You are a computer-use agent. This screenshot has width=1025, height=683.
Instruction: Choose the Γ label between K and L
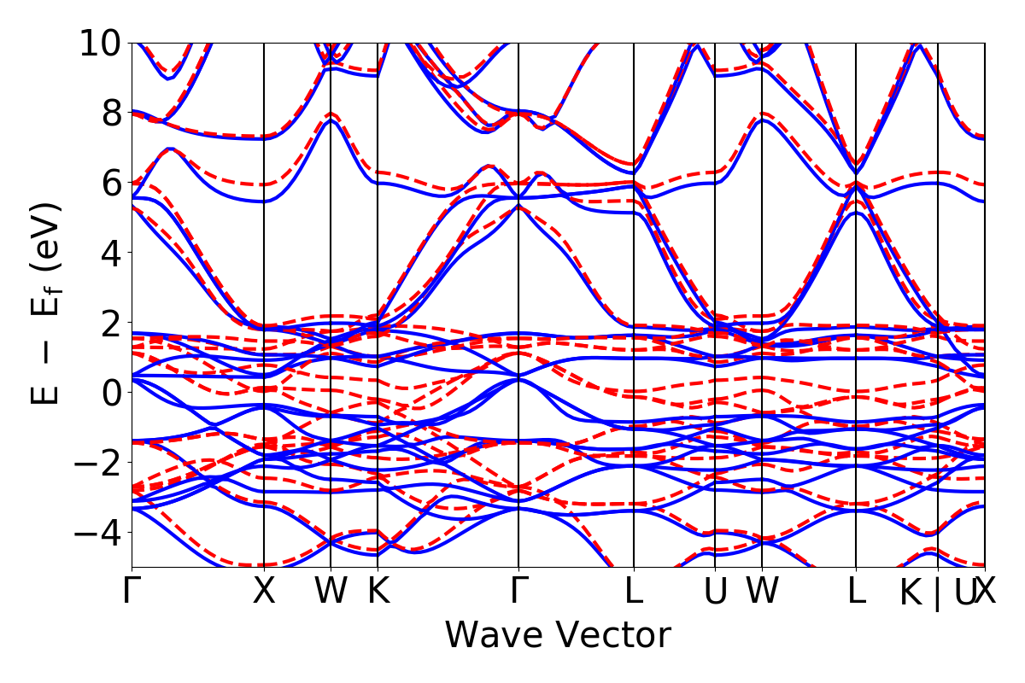518,592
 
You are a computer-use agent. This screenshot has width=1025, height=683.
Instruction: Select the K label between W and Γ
378,592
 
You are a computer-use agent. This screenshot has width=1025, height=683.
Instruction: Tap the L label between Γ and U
633,592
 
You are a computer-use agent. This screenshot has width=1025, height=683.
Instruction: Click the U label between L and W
715,592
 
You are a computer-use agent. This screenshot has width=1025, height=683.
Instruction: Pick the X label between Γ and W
264,592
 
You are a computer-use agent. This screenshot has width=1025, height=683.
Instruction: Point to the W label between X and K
331,592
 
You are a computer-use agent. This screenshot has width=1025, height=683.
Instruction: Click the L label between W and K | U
856,592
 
